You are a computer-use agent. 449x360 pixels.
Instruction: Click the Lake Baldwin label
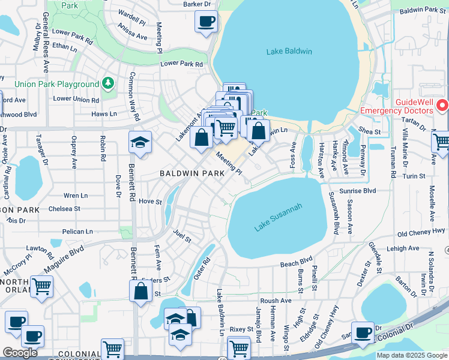click(289, 52)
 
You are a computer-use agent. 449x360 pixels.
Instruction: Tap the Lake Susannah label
click(278, 217)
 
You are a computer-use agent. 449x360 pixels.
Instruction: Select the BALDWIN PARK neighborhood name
click(191, 173)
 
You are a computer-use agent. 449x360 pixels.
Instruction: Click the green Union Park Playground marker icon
click(108, 82)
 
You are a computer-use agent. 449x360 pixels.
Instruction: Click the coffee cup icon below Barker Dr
click(206, 22)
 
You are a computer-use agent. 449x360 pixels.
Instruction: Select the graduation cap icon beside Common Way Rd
click(140, 143)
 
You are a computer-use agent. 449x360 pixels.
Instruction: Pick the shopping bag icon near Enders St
click(140, 292)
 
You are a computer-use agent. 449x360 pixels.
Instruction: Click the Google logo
click(20, 353)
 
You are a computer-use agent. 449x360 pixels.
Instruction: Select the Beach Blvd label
click(296, 262)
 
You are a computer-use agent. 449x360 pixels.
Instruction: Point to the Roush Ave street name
click(276, 301)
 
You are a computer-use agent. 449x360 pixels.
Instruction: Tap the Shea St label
click(369, 131)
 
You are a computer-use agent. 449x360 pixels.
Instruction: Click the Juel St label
click(181, 235)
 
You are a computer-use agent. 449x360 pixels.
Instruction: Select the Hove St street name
click(150, 202)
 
